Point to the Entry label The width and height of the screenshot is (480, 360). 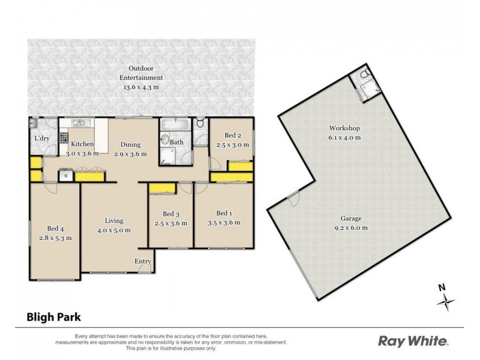pos(143,260)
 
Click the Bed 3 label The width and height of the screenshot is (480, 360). pos(171,214)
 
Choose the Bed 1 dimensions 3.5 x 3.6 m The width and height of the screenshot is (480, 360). pos(223,222)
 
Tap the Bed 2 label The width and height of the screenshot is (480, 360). pos(233,136)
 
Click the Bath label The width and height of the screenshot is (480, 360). pos(176,142)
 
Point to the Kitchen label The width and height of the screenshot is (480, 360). pos(82,145)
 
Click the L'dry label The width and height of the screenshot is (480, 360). pos(41,139)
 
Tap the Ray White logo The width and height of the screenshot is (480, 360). pos(413,341)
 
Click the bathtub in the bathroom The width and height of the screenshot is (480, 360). pos(174,126)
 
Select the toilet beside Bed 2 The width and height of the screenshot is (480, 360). pos(200,124)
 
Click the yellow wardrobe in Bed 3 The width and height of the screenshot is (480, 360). pos(161,188)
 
